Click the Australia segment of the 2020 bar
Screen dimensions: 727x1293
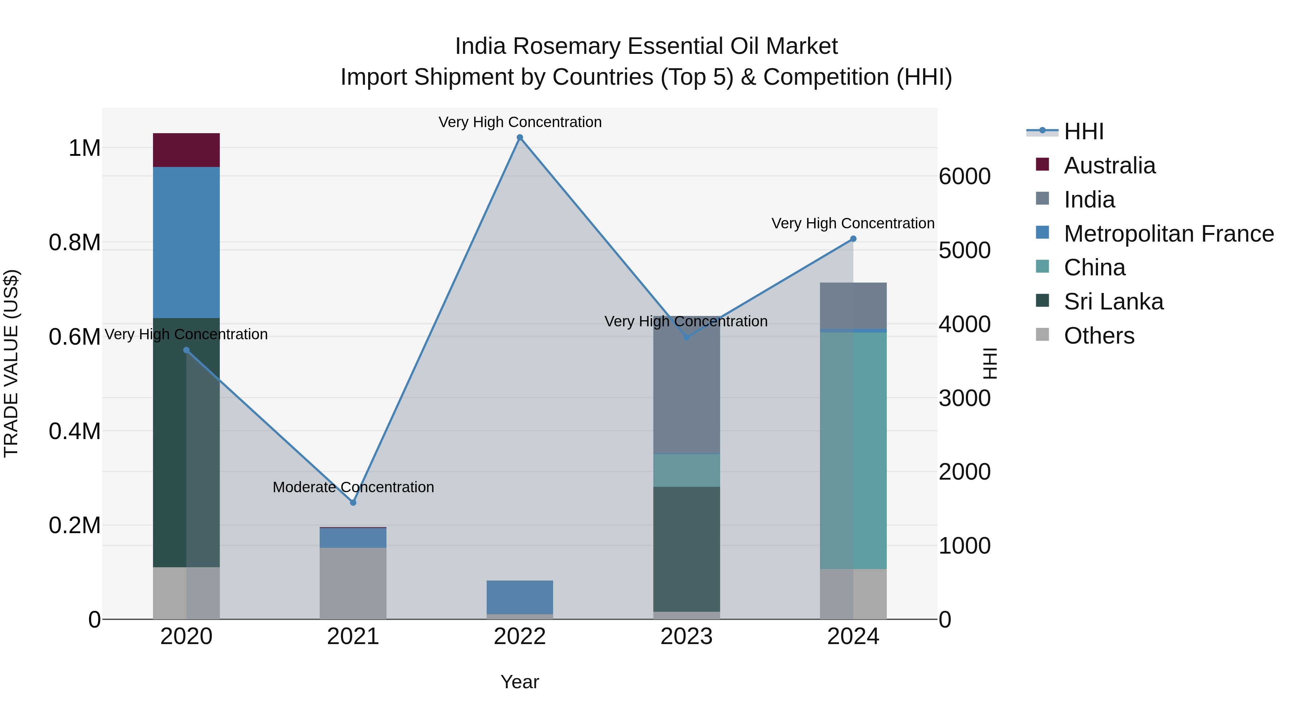186,150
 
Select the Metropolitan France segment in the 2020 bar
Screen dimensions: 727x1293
186,242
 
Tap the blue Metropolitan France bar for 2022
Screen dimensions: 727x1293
519,597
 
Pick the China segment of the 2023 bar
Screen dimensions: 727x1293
686,470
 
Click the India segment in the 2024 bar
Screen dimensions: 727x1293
853,305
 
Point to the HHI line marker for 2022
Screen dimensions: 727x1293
519,138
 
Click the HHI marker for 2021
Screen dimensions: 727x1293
353,502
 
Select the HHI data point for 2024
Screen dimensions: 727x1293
853,239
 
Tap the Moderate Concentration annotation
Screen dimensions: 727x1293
353,487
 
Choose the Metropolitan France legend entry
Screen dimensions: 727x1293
1168,234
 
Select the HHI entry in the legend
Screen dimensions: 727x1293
1083,131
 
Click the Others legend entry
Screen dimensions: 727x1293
1099,336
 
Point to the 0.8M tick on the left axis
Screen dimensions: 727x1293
75,242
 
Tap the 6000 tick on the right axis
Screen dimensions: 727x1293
964,177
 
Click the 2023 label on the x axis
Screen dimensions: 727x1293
686,637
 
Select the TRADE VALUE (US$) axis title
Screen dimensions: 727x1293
11,363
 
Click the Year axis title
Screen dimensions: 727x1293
519,682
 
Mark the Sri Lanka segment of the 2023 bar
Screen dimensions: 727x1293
686,549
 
